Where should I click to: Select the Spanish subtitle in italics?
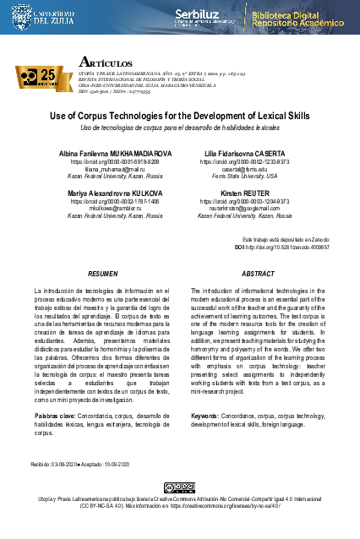(179, 127)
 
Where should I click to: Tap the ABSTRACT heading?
(258, 275)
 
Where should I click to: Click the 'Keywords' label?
(206, 416)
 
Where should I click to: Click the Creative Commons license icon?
(180, 487)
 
